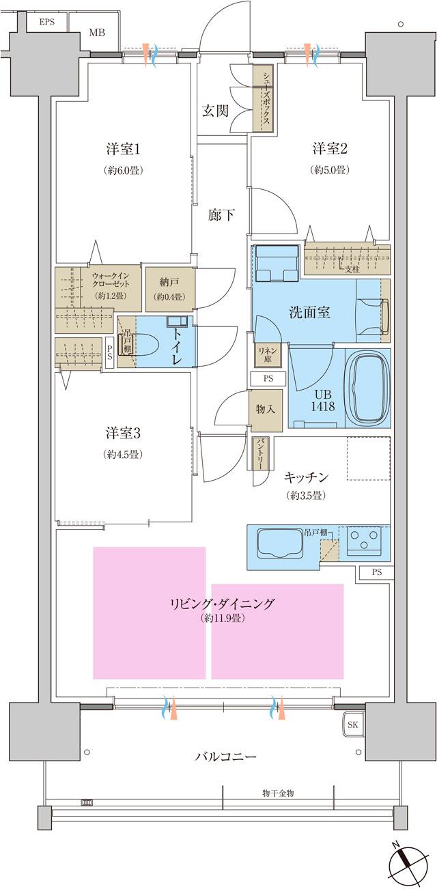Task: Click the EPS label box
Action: point(46,23)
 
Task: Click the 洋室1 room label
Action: point(123,148)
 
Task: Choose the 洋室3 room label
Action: point(123,432)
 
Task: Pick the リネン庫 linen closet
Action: point(265,354)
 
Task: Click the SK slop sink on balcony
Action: point(352,724)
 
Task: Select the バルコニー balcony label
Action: point(225,757)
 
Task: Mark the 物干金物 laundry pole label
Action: point(278,793)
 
